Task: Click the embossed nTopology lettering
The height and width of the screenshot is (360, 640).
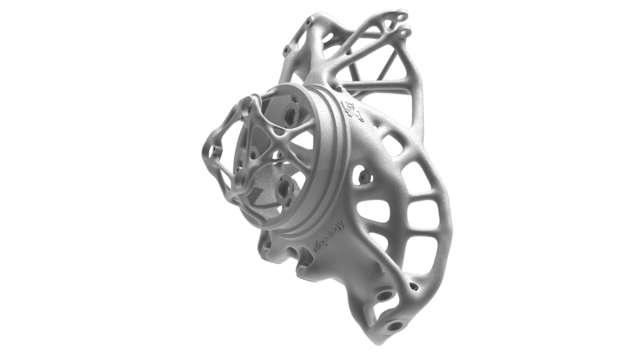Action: pos(328,234)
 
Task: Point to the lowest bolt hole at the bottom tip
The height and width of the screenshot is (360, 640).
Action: pos(394,326)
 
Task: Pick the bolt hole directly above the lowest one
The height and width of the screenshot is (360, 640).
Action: pos(385,296)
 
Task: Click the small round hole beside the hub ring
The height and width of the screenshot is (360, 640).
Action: pos(362,175)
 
